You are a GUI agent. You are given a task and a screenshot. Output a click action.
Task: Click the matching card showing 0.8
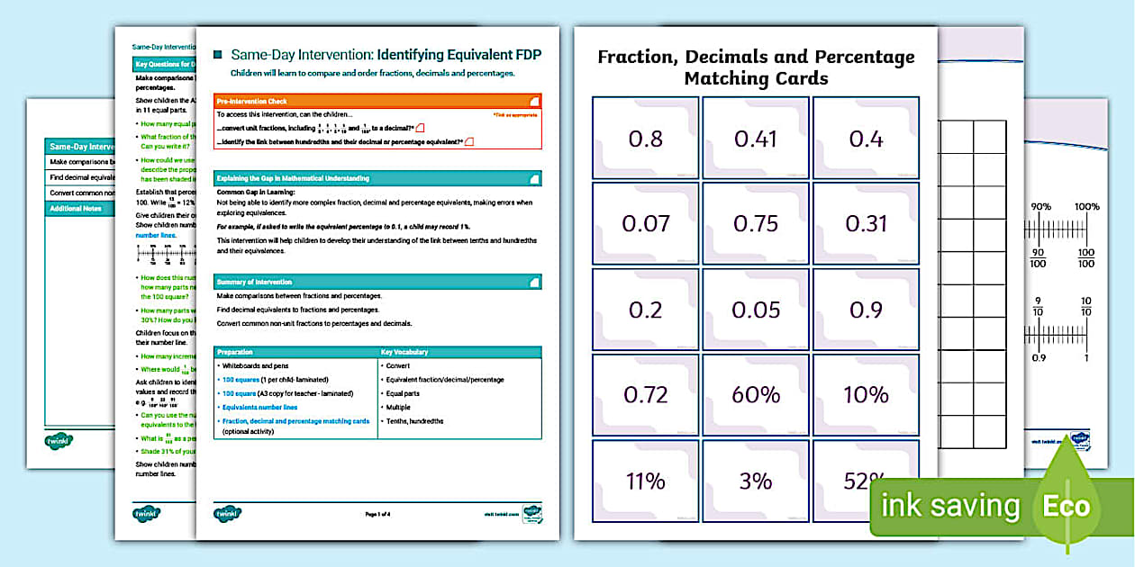point(645,139)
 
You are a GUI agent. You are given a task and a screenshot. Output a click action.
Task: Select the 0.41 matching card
point(756,139)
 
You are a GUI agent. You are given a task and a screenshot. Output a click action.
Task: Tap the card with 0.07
point(645,224)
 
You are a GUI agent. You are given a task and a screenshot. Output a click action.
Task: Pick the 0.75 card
point(756,224)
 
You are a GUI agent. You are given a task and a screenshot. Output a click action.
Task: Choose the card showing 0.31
point(866,224)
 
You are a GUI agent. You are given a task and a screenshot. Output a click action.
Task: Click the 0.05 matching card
point(756,310)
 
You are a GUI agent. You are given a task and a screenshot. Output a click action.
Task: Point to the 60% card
point(756,395)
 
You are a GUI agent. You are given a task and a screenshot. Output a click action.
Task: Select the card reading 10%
point(866,395)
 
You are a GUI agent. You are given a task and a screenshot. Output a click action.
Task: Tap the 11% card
point(645,481)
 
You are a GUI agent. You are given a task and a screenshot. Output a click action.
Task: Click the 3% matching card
point(756,481)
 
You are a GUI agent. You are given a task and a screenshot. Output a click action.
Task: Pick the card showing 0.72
point(645,395)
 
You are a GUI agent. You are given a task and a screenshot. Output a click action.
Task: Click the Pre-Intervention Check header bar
point(377,102)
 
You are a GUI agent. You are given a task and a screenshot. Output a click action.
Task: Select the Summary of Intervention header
point(377,282)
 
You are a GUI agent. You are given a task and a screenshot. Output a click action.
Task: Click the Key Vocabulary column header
point(459,352)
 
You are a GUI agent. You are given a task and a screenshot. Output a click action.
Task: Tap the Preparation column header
point(295,352)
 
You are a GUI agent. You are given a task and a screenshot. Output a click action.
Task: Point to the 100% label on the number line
point(1086,207)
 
